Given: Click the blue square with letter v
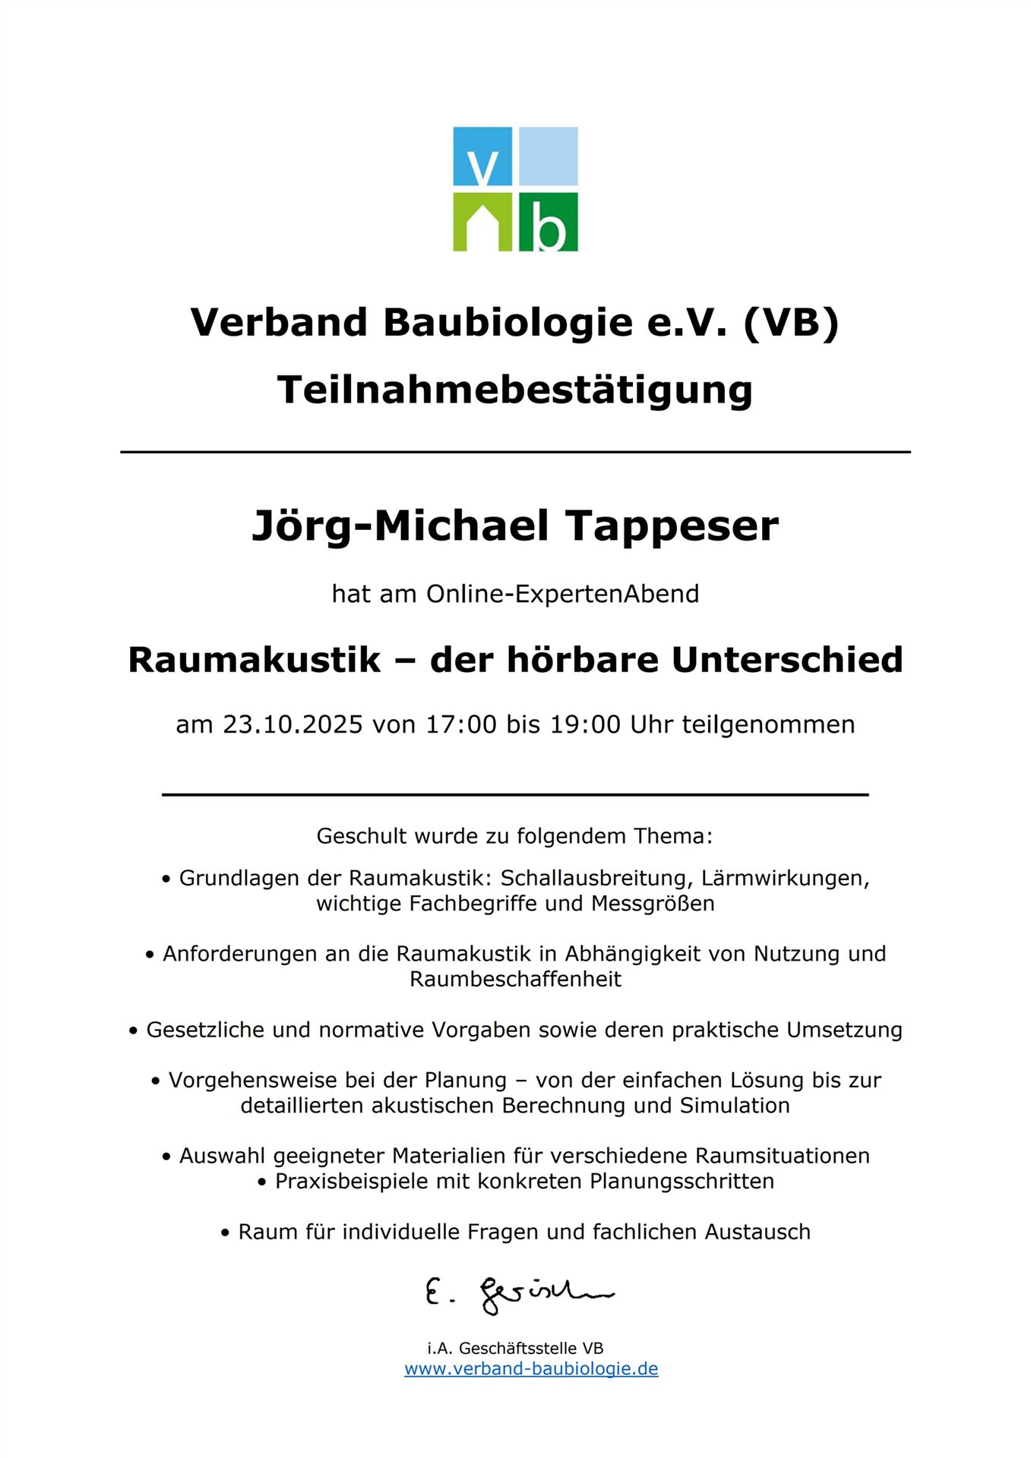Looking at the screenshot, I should pos(482,156).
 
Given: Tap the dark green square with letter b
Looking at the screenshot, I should pos(548,222).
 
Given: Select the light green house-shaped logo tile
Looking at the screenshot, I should pos(482,222).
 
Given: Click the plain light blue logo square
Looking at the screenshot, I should pos(548,156).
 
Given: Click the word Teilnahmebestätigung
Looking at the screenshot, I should pos(515,390).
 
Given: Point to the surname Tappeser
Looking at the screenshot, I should pos(672,525).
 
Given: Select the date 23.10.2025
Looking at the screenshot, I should pos(293,724).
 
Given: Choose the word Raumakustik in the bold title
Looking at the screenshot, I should pos(254,659).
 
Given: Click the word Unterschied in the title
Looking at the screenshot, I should pos(787,659).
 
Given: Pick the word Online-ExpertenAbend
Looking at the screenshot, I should pos(562,594).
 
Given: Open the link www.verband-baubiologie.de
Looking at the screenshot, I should pos(531,1369).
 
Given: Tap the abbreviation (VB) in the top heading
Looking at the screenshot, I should pos(791,322).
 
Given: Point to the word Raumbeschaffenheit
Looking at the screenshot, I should pos(515,980).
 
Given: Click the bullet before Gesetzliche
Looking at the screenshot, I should pos(133,1031).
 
